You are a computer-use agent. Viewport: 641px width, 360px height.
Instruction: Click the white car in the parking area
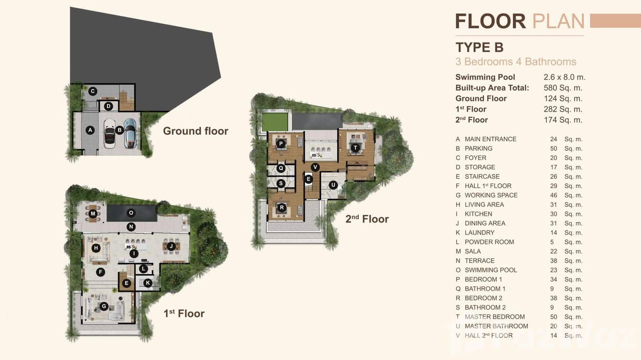(109, 134)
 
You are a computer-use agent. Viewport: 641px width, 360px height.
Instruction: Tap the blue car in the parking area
(130, 133)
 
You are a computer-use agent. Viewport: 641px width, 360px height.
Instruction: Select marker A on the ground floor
(90, 130)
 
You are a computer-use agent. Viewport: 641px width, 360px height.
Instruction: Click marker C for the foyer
(93, 91)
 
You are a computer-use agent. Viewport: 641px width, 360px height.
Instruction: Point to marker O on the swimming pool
(130, 212)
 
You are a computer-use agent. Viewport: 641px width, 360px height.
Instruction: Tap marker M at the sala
(93, 214)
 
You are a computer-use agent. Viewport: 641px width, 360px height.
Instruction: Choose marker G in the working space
(103, 306)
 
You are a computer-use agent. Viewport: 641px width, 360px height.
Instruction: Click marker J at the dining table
(171, 246)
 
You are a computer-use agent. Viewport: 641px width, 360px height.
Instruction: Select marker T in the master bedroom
(355, 148)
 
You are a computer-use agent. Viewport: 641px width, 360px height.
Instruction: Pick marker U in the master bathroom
(333, 185)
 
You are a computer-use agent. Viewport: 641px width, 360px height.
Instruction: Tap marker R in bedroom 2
(282, 207)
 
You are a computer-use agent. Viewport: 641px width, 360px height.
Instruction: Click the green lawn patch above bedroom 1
(275, 122)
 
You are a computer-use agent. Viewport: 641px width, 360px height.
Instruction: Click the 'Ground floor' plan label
(195, 131)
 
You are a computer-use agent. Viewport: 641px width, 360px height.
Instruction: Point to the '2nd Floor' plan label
(367, 219)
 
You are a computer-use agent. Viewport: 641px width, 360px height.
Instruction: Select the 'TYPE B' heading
(479, 48)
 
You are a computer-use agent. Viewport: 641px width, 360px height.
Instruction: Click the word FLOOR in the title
(490, 21)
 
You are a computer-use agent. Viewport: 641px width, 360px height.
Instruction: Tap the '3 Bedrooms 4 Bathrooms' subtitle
(515, 62)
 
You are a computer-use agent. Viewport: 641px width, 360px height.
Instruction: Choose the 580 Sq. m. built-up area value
(563, 88)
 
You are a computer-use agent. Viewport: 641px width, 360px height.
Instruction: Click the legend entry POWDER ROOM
(489, 242)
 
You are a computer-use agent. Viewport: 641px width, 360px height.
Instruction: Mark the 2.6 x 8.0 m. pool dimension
(564, 77)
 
